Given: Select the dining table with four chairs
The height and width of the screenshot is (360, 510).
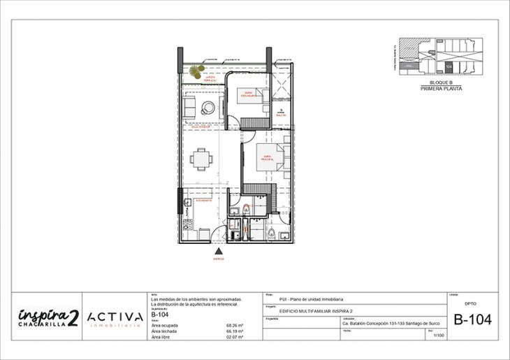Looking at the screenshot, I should click(x=201, y=159).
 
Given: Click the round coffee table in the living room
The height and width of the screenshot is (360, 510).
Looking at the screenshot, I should click(x=208, y=108).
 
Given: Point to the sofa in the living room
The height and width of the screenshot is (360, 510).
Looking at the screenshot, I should click(x=189, y=108).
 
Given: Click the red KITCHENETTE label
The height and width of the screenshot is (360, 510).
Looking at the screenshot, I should click(x=204, y=201).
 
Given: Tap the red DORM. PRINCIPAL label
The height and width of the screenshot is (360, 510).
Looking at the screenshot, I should click(x=266, y=159).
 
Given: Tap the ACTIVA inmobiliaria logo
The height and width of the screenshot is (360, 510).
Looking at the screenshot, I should click(x=115, y=318).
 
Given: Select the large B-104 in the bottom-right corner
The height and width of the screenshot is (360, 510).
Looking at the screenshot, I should click(x=472, y=320).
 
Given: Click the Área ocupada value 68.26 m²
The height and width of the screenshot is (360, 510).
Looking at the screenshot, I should click(x=234, y=325).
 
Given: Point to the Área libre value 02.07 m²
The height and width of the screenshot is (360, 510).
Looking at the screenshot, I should click(x=234, y=337).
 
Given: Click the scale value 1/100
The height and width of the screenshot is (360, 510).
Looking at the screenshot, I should click(x=438, y=336).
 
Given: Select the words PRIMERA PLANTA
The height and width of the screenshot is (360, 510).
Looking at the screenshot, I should click(x=442, y=89).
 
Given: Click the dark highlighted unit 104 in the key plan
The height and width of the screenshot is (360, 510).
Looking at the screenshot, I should click(x=449, y=66).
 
